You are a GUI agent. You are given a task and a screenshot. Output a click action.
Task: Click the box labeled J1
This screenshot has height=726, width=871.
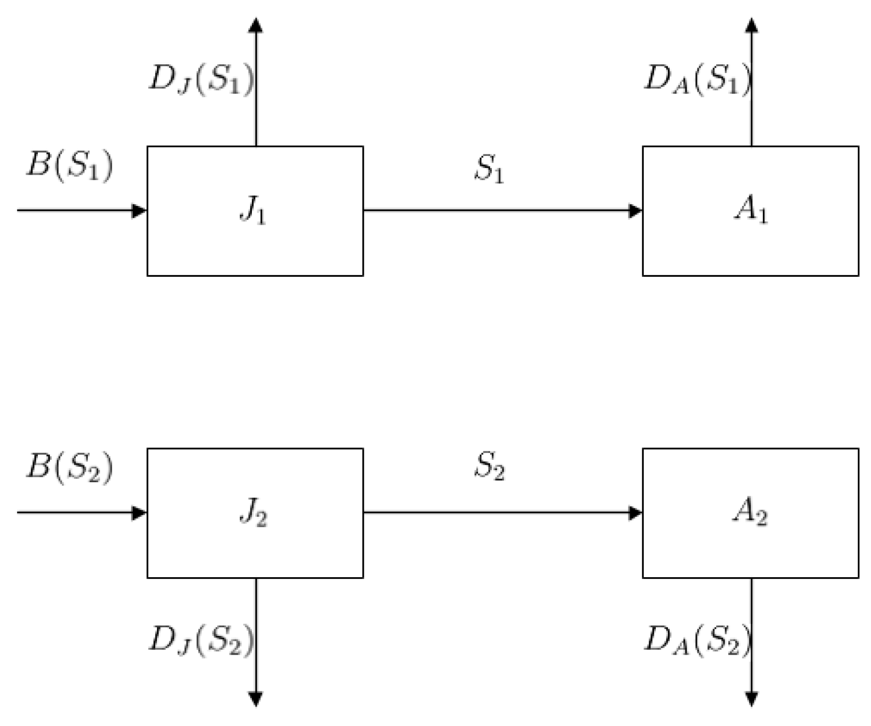(x=255, y=211)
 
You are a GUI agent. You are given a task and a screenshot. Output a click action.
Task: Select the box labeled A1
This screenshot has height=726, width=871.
(x=750, y=211)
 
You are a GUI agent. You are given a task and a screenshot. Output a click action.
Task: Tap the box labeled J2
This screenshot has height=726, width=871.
(x=255, y=513)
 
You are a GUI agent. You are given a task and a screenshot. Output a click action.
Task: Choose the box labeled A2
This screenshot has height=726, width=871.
(x=750, y=513)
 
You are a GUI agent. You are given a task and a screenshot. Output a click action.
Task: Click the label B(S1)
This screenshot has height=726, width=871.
(x=70, y=165)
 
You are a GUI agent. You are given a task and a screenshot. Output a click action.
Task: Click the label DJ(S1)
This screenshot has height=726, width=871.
(x=201, y=80)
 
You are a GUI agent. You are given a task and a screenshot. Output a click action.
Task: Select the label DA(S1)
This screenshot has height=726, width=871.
(x=697, y=80)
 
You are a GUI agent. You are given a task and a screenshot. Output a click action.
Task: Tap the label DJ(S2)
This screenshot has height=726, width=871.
(x=201, y=640)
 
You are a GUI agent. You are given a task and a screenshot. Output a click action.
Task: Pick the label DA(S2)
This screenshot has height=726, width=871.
(x=697, y=640)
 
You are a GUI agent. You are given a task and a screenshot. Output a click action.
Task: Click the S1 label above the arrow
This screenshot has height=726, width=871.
(x=489, y=169)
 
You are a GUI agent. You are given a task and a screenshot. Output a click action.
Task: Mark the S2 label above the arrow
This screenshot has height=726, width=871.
(x=489, y=467)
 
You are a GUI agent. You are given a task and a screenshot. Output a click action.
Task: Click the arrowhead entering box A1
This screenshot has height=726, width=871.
(x=636, y=210)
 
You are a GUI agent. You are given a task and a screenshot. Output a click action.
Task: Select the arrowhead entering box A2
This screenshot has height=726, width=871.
(x=636, y=513)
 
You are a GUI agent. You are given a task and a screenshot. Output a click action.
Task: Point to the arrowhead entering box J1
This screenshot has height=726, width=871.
(x=139, y=210)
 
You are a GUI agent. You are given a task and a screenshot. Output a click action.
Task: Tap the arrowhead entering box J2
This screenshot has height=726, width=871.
(x=139, y=513)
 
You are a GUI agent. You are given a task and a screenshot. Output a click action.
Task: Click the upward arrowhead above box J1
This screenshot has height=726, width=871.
(x=256, y=25)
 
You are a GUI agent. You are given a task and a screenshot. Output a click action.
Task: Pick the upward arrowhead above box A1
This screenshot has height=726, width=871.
(x=752, y=25)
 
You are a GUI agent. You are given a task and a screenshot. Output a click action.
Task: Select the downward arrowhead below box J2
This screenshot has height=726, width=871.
(x=256, y=699)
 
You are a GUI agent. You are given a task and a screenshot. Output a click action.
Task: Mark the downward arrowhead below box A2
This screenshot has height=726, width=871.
(x=752, y=699)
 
